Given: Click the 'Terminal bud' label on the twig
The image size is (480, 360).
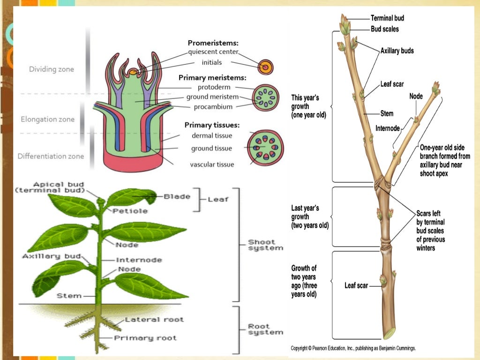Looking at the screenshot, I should (x=387, y=18).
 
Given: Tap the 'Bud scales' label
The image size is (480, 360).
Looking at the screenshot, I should (x=384, y=29).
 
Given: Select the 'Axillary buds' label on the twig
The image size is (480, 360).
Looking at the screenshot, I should (x=397, y=51).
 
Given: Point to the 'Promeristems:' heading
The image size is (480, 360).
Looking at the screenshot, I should (x=213, y=43).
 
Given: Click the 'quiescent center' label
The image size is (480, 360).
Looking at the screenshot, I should (x=213, y=52).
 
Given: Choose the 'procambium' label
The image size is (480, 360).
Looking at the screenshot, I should (x=213, y=107).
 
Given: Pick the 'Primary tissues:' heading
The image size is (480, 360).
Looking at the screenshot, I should (x=212, y=125).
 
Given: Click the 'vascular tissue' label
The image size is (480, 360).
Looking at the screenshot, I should (x=212, y=165).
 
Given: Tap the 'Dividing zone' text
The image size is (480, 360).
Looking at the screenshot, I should (x=52, y=69).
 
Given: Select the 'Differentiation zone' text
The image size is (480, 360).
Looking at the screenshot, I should (x=51, y=156).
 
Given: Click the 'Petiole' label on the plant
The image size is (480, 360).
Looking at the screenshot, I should (x=130, y=211).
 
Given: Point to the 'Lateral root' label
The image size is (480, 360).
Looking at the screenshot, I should (x=154, y=320).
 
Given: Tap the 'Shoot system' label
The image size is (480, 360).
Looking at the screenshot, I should (x=265, y=245).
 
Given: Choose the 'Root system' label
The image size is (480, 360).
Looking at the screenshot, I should (x=265, y=329).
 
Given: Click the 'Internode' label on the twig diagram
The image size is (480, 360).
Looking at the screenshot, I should (x=388, y=128).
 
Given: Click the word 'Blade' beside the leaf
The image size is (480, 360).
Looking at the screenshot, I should (x=177, y=197).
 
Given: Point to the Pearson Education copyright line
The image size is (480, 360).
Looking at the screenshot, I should (x=353, y=348).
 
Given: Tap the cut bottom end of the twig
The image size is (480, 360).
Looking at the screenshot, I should (x=389, y=334).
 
